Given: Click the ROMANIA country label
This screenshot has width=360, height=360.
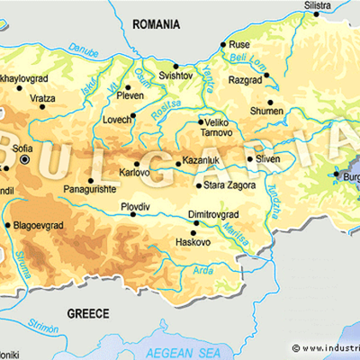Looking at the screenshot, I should tap(158, 25).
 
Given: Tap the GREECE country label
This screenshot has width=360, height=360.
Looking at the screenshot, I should tap(88, 313).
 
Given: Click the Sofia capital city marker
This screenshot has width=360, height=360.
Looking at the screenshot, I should tap(25, 159).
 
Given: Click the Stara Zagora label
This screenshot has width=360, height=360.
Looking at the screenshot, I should tap(232, 186).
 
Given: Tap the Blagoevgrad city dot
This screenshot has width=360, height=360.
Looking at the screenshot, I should tap(8, 226).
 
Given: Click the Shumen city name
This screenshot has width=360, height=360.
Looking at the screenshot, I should tap(268, 112).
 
